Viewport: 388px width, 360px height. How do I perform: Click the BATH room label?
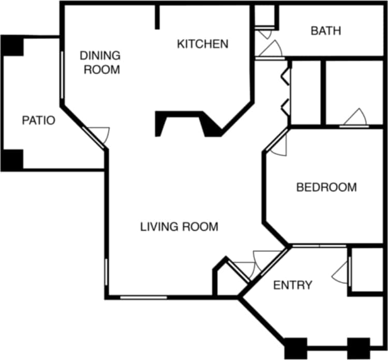[326, 31]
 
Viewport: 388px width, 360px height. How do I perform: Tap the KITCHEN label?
[202, 43]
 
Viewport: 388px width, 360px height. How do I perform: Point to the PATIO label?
[38, 121]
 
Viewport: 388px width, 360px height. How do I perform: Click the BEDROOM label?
[326, 187]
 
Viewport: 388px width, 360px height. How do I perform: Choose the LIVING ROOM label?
[179, 226]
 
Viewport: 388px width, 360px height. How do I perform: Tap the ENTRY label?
[292, 285]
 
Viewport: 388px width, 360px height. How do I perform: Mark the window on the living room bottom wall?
[143, 297]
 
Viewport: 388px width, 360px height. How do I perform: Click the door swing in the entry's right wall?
[342, 272]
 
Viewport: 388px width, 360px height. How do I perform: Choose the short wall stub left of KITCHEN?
[157, 17]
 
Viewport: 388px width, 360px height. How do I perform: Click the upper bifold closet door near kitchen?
[285, 76]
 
